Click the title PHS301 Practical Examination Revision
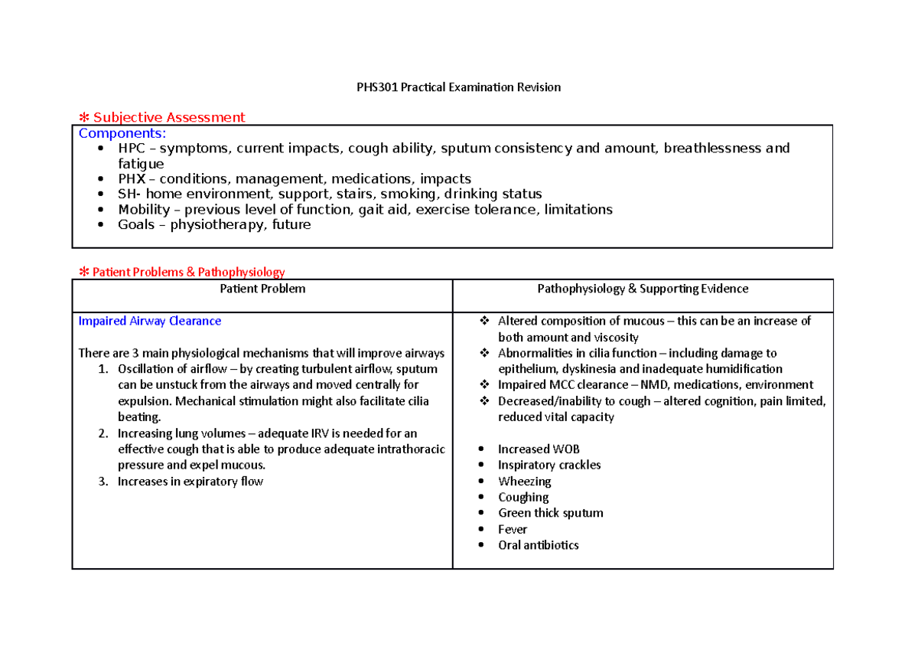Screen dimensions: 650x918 (459, 87)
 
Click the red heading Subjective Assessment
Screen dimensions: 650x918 (168, 117)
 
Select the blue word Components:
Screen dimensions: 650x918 (122, 133)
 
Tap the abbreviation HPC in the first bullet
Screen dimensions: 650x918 (130, 149)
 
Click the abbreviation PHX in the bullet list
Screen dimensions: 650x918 (131, 179)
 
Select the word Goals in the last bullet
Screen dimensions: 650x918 (135, 225)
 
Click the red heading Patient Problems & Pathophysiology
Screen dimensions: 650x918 (187, 272)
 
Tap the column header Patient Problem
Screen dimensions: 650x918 (262, 289)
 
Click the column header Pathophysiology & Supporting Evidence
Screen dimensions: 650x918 (643, 289)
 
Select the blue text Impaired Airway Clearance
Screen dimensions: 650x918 (150, 321)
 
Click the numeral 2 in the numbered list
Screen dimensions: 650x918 (103, 433)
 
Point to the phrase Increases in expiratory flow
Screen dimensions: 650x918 (190, 482)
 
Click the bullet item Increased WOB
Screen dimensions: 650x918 (533, 449)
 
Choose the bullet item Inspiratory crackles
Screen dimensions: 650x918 (549, 465)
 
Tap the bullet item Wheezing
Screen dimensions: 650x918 (524, 482)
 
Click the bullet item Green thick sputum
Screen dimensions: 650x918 (550, 513)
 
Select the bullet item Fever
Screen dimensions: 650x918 (513, 529)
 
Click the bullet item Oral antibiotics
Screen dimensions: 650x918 (538, 545)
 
